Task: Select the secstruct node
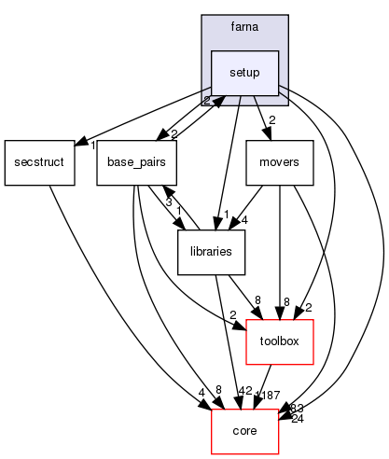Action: [37, 162]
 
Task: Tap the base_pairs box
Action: [137, 162]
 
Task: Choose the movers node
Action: [279, 162]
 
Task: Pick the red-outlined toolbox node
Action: [279, 341]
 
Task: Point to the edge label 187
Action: [271, 396]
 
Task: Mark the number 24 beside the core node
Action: [297, 419]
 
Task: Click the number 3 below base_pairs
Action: [168, 201]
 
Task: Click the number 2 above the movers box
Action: [271, 120]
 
